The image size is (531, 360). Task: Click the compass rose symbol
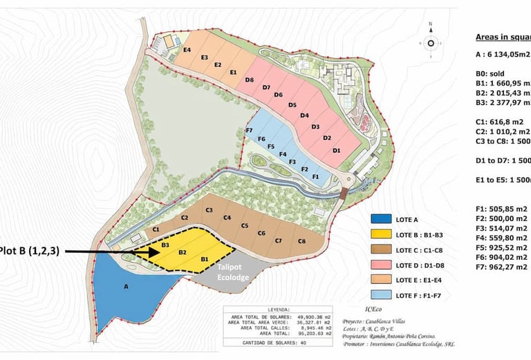pos(431,43)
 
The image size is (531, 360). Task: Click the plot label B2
pos(183,253)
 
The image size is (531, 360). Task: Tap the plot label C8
pos(301,241)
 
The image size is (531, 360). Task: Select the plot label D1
pos(337,150)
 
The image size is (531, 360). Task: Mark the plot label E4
pos(187,50)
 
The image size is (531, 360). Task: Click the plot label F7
pos(249,131)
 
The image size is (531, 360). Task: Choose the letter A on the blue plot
pos(126,285)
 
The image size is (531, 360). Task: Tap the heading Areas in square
pos(503,37)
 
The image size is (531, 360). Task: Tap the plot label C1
pos(157,229)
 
